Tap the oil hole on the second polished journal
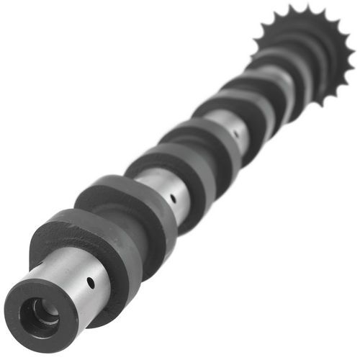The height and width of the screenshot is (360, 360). [x=172, y=195]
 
